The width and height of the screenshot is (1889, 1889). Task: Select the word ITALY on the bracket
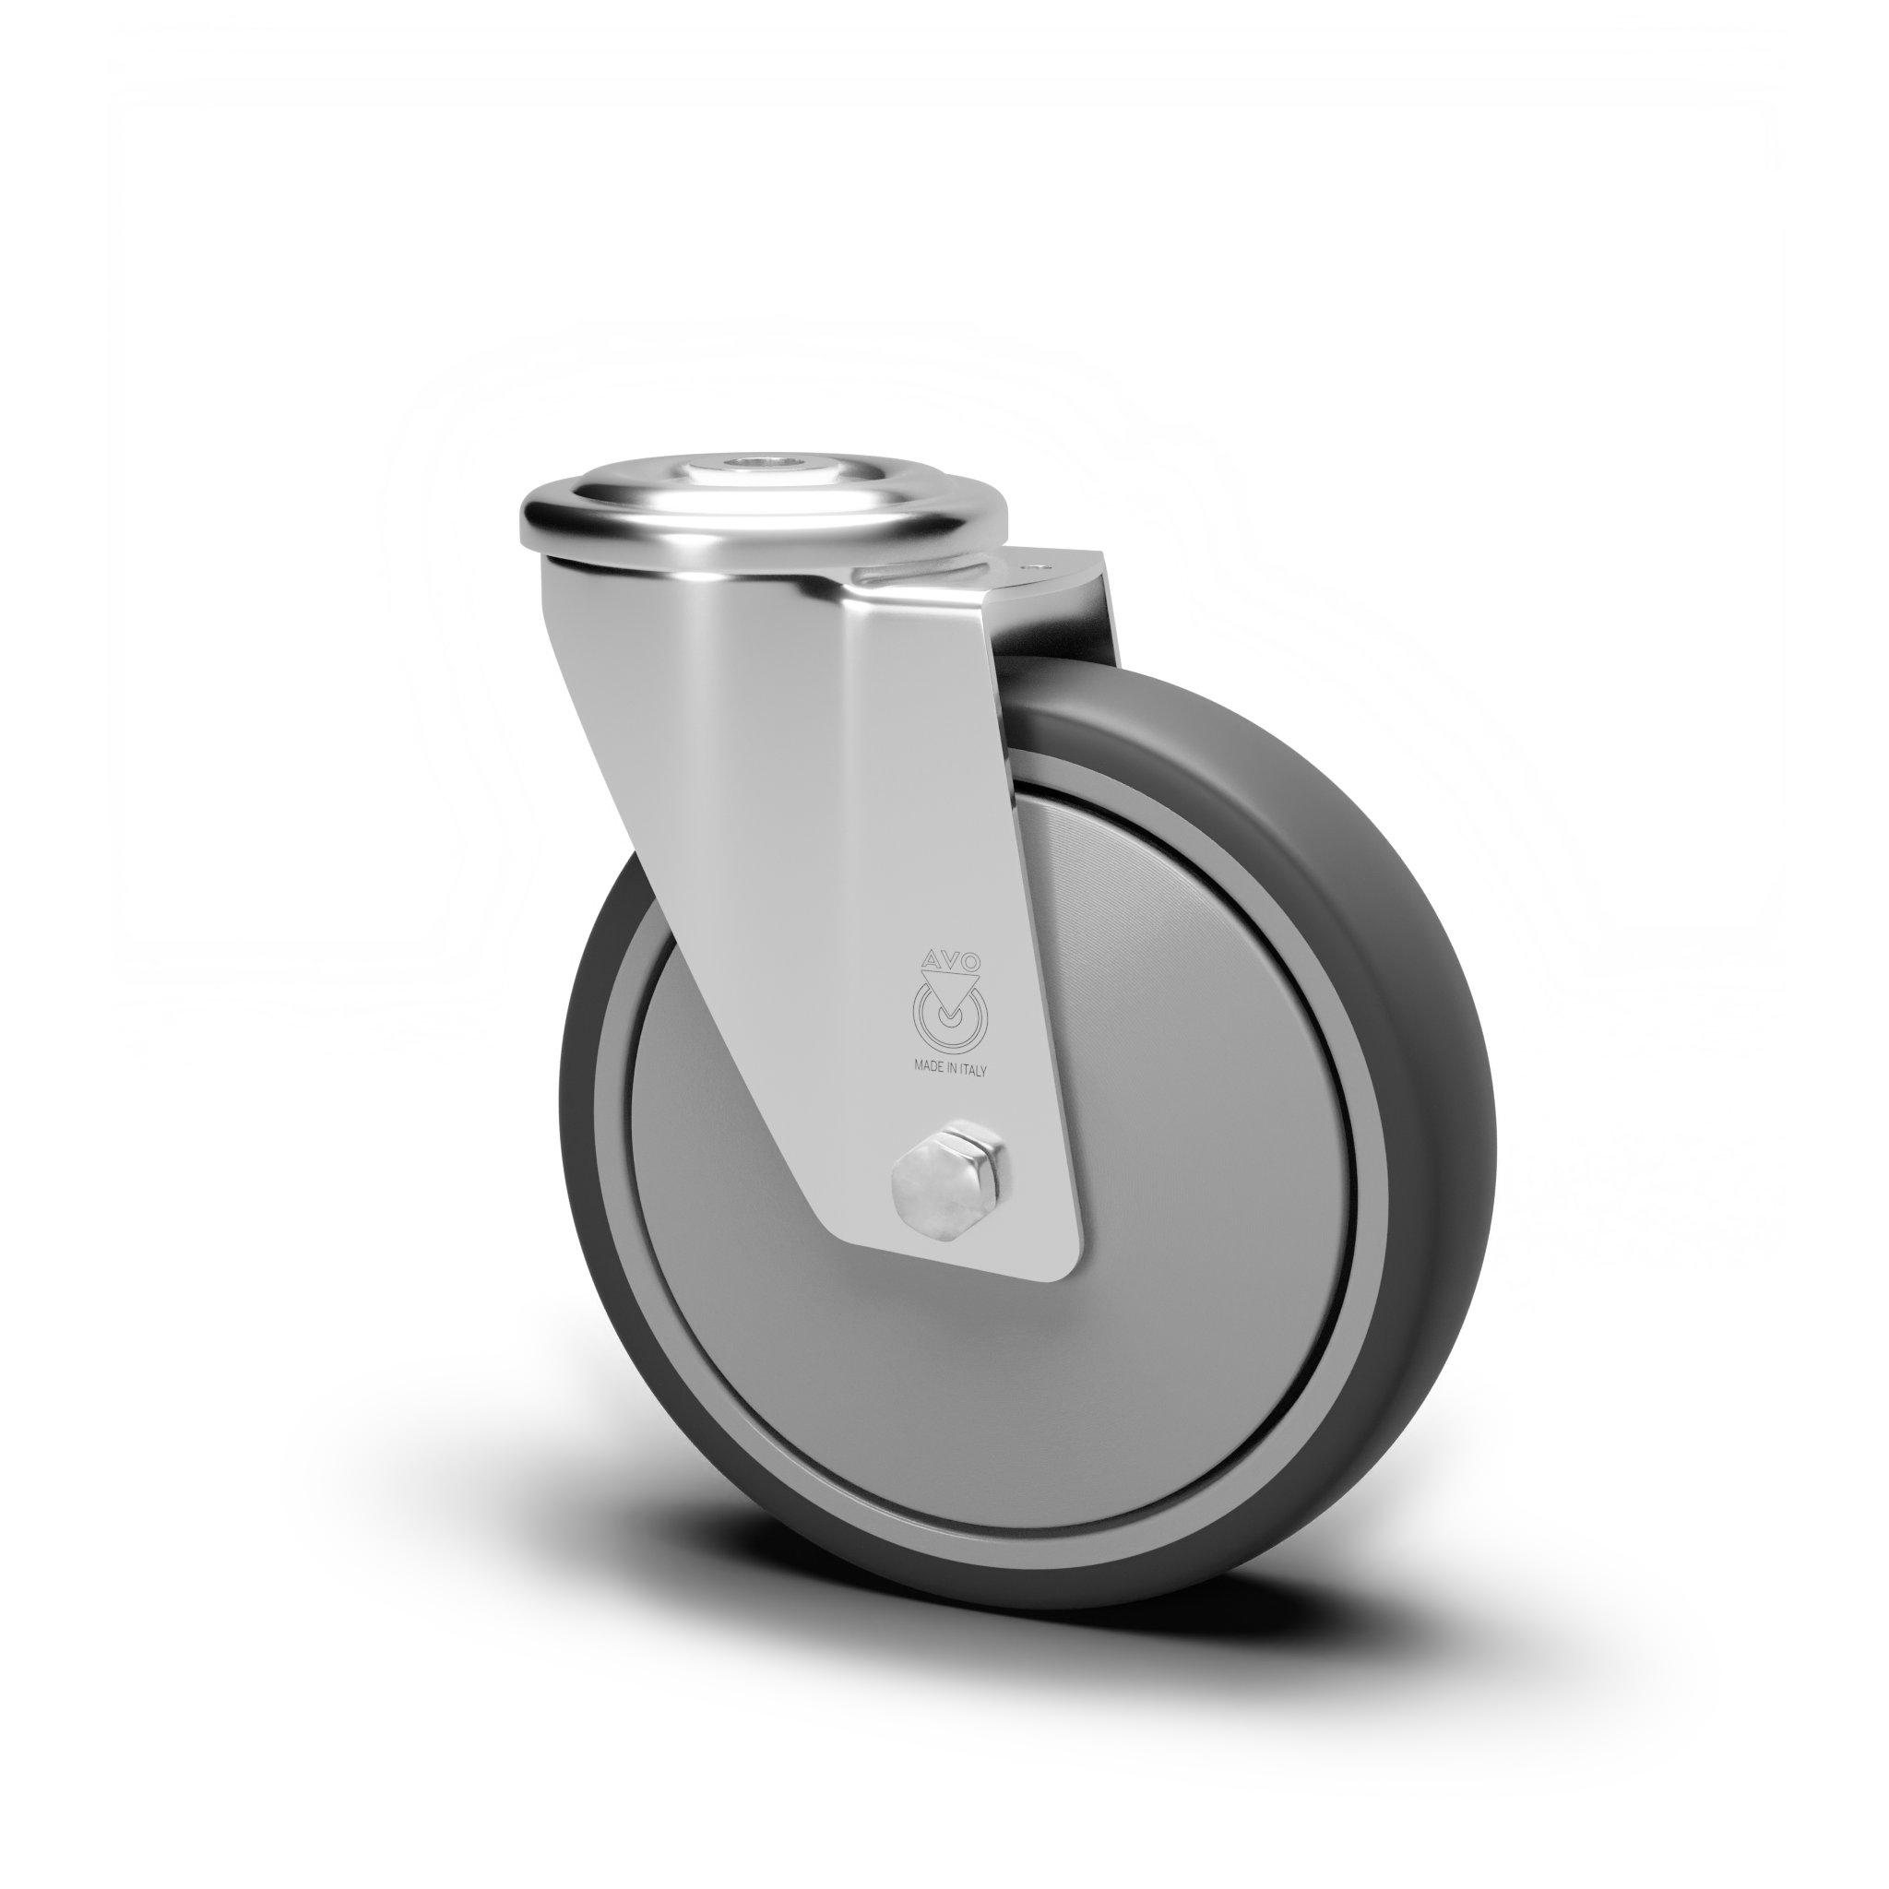[973, 1070]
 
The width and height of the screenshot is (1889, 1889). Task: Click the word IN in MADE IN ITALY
[952, 1069]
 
